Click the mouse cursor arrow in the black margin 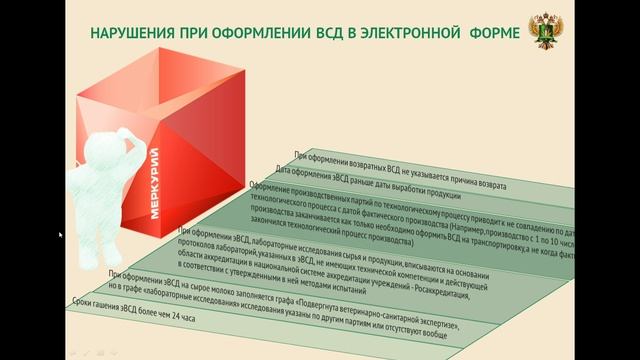click(x=61, y=234)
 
